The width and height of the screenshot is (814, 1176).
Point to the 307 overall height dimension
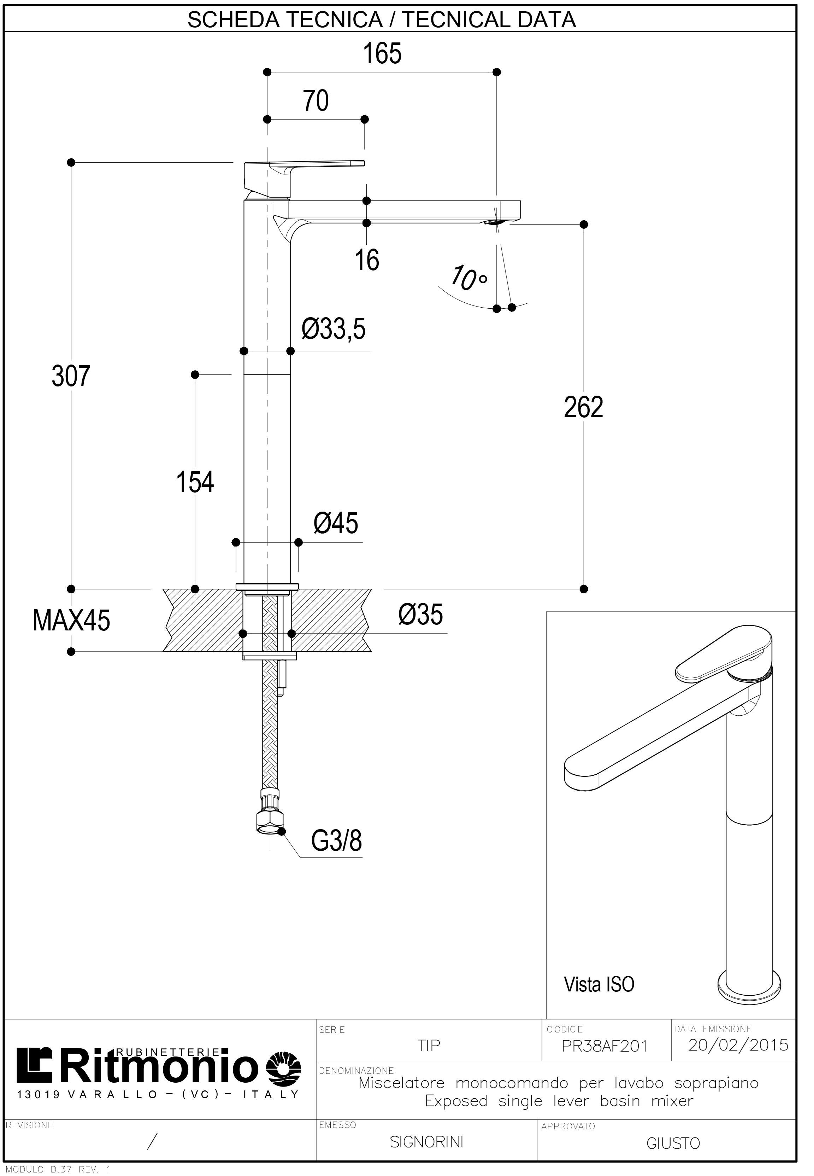tap(72, 382)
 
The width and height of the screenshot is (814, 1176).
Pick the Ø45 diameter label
tap(341, 532)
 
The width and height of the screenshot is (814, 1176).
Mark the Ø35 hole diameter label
tap(427, 624)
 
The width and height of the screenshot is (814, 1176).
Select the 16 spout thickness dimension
tap(373, 264)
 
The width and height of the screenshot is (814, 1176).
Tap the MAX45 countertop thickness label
tap(72, 631)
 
